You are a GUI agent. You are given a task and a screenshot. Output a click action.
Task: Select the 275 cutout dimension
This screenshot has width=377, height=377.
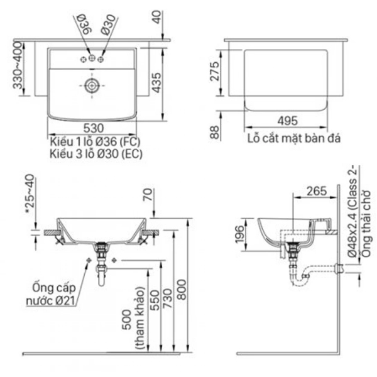[216, 71]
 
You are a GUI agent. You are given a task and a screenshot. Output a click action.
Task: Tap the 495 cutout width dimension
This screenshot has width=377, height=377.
[287, 121]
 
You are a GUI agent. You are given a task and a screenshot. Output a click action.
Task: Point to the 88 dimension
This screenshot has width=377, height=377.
[216, 133]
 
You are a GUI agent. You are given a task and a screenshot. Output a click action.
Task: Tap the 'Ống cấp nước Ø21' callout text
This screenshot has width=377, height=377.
[54, 293]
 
